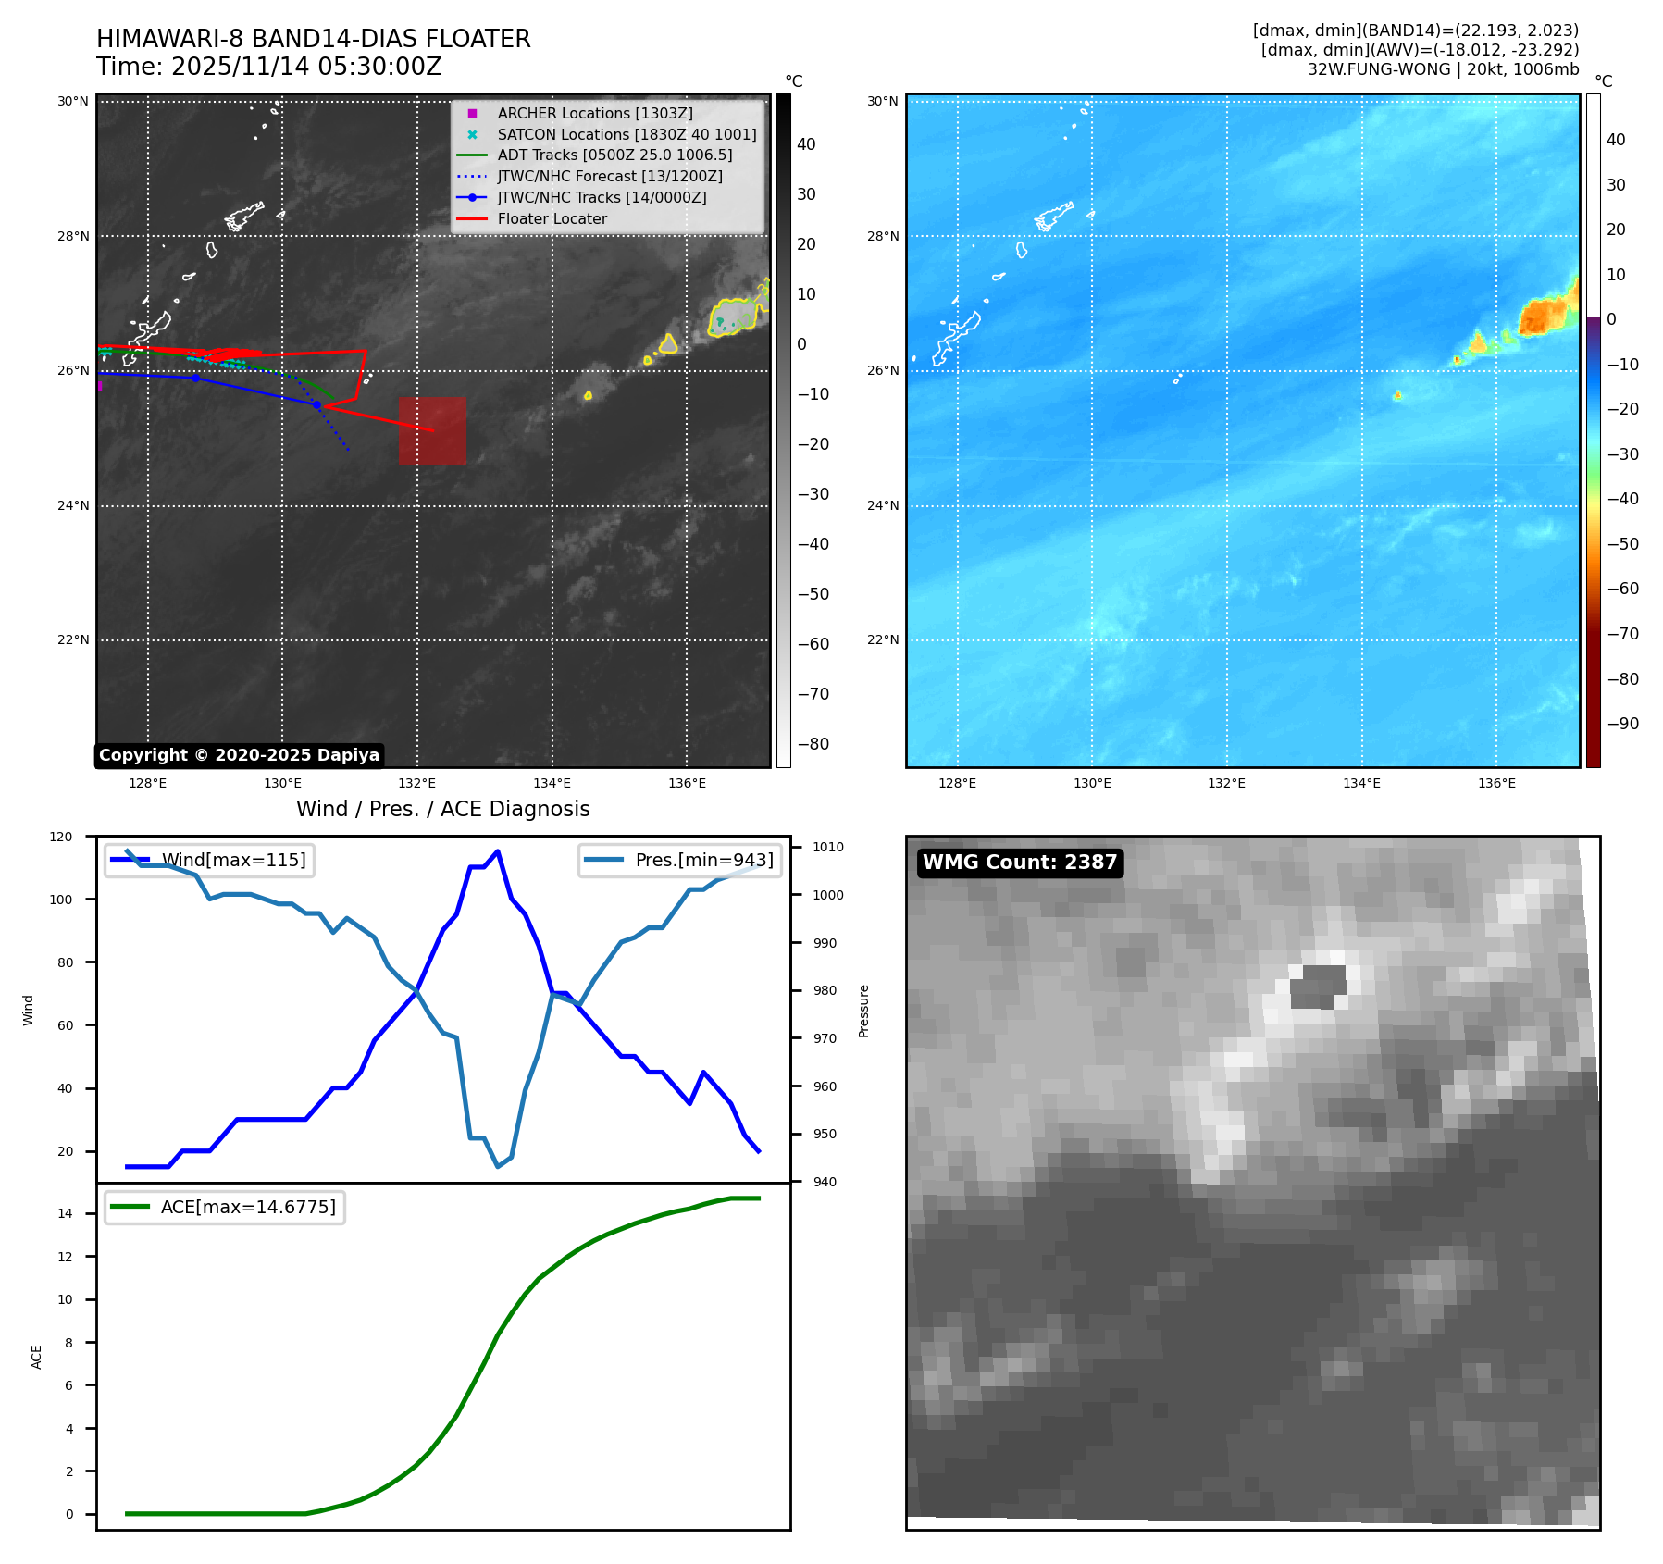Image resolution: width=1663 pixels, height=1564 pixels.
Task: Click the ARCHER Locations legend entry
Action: pos(594,113)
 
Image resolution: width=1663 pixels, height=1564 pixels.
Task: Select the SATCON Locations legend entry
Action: pos(627,134)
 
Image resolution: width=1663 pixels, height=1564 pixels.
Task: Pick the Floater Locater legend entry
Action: pos(552,218)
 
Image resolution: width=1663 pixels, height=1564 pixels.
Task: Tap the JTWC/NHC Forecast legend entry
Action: pos(609,176)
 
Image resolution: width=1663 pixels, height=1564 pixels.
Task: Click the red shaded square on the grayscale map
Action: pos(432,430)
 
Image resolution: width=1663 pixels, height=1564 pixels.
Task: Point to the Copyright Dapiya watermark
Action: pos(239,755)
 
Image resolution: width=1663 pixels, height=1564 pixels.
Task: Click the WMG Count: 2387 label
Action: pos(1020,863)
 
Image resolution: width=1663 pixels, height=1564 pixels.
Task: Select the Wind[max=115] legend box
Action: pos(210,860)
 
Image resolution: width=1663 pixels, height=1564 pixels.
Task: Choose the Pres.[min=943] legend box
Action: pos(680,860)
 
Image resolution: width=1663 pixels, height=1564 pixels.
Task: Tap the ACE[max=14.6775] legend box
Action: pos(225,1207)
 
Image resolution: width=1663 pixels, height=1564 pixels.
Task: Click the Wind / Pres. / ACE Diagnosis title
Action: pos(442,809)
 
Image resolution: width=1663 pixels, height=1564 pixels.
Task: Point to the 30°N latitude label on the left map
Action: pos(73,101)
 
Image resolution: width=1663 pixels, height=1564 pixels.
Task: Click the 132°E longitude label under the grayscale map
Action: pos(417,783)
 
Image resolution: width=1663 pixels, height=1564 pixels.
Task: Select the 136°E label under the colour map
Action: pos(1496,783)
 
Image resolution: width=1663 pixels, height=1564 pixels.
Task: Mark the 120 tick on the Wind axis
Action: pos(61,837)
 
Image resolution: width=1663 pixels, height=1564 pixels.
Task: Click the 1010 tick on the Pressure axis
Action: pos(828,847)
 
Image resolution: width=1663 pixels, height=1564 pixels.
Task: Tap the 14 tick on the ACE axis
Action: pos(65,1213)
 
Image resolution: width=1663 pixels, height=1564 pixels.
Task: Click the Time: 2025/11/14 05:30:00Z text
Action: pos(268,67)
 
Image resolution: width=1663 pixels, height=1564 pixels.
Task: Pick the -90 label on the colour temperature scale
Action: pos(1622,724)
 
